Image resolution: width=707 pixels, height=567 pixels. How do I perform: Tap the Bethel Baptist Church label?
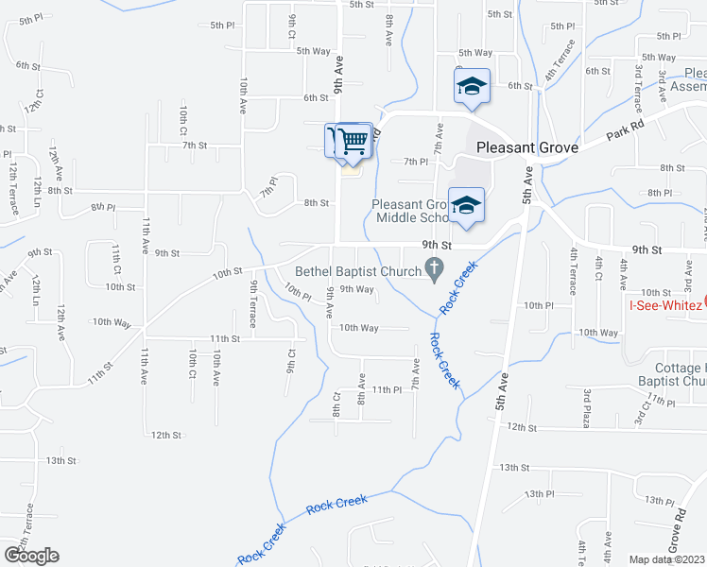click(358, 271)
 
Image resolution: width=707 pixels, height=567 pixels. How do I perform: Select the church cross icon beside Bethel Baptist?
click(435, 271)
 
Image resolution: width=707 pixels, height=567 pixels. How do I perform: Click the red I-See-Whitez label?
click(666, 304)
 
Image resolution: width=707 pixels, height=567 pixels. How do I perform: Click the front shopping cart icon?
click(354, 141)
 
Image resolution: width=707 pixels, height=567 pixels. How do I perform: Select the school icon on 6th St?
click(470, 87)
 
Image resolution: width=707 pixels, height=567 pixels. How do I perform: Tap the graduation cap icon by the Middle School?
click(466, 204)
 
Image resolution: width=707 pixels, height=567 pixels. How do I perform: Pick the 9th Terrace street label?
click(254, 303)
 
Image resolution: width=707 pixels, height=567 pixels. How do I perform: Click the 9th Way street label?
click(357, 289)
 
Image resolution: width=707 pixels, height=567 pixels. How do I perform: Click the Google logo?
click(31, 556)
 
